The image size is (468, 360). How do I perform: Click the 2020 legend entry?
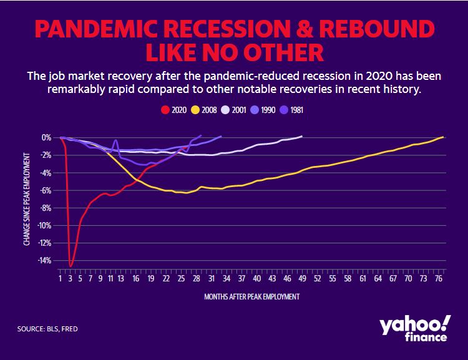point(173,110)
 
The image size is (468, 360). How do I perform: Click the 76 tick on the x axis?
point(438,278)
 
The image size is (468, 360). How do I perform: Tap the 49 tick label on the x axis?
point(301,278)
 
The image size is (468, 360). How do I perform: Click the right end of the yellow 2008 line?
point(443,137)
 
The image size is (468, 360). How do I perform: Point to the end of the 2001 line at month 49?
point(301,136)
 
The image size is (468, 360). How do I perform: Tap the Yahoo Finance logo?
point(414,328)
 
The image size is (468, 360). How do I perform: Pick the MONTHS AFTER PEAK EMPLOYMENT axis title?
point(251,296)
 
